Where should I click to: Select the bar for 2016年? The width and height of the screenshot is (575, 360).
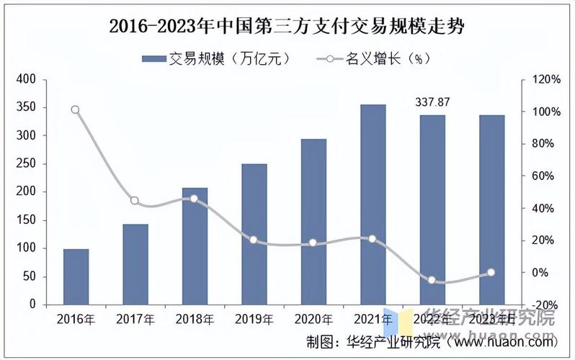click(76, 277)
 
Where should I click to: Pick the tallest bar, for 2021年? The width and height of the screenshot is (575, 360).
click(373, 204)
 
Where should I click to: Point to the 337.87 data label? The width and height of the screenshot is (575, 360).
click(432, 102)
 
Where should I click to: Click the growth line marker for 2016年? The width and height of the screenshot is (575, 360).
click(76, 110)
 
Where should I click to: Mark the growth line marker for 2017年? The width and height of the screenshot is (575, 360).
click(135, 201)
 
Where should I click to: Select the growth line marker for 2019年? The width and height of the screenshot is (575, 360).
click(254, 240)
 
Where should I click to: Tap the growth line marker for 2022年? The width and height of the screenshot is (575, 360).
click(432, 280)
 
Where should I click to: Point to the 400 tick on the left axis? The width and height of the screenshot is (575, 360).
click(26, 80)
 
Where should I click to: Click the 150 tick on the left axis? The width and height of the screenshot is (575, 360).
click(26, 220)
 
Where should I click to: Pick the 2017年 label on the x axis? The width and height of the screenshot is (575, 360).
click(135, 319)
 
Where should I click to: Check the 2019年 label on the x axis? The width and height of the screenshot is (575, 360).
click(254, 319)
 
